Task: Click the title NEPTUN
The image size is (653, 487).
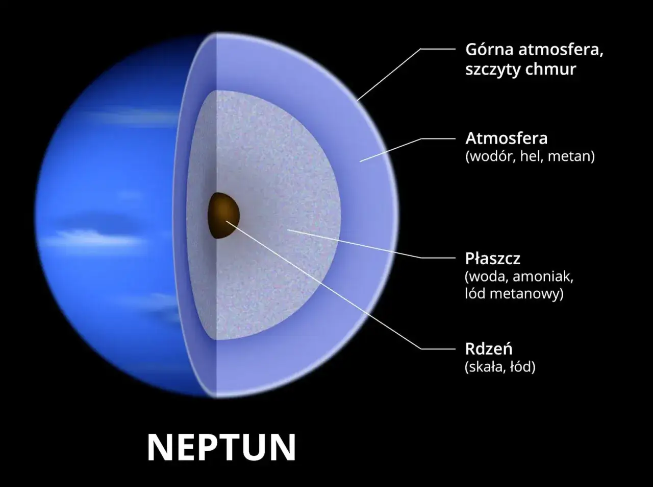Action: tap(221, 447)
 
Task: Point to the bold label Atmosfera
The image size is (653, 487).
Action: tap(507, 138)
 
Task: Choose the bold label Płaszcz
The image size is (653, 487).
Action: tap(492, 259)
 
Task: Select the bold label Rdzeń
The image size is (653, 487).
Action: tap(489, 349)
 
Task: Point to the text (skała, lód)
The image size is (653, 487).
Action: tap(500, 367)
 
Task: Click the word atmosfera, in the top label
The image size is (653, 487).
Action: tap(561, 50)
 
